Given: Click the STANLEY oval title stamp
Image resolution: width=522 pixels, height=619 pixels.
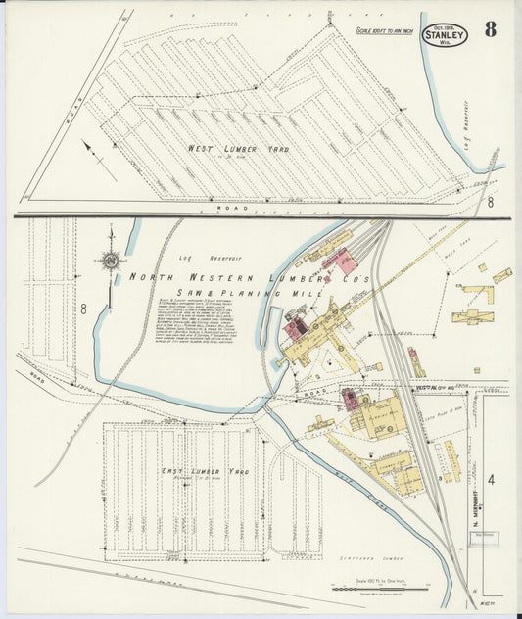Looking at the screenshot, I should point(446,34).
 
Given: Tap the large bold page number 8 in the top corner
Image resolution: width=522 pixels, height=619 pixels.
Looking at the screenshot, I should point(490,29).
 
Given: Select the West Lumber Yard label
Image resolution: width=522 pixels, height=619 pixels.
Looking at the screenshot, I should point(224,149).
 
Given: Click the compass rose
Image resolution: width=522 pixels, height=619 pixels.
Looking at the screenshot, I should point(111,260).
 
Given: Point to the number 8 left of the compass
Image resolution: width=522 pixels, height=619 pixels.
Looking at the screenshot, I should point(84,309).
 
